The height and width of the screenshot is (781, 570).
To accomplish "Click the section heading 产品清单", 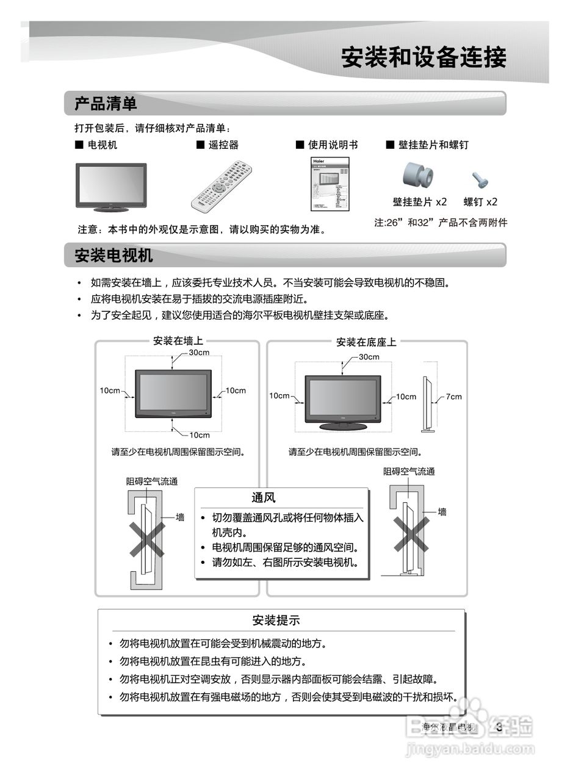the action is pos(106,104).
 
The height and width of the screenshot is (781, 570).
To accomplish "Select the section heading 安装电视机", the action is pos(114,255).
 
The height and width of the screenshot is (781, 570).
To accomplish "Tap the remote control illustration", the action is pos(222,185).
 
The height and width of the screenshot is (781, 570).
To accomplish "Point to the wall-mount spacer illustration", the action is pos(418,176).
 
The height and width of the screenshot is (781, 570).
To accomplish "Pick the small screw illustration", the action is pos(478,179).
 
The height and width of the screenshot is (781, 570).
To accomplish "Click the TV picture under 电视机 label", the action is pos(111,186).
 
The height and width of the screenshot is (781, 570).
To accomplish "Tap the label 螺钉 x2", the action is pos(480,202).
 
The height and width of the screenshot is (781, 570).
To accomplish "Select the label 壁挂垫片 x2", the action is pos(420,202).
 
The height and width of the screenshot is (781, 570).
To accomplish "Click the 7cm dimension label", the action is pos(453,397).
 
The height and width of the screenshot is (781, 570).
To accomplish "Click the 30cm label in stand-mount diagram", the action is pos(369,357).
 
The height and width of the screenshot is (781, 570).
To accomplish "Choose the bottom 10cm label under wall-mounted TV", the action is pos(199,435).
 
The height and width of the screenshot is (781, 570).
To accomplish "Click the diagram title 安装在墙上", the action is pos(178,341).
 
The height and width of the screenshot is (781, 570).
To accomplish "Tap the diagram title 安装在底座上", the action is pos(366,342).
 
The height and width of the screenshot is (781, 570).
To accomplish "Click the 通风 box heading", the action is pos(264,498).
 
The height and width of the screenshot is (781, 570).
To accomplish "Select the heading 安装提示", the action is pos(276,621).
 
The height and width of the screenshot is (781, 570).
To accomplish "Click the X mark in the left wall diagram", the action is pos(146,539).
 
